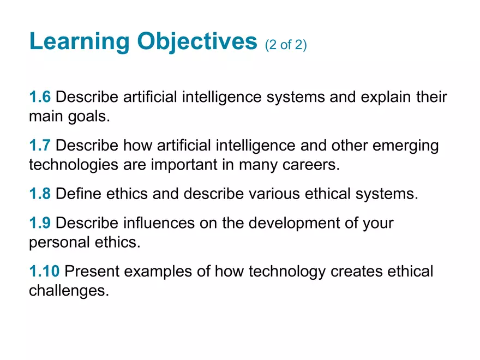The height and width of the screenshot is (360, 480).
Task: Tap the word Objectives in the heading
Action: pos(197,41)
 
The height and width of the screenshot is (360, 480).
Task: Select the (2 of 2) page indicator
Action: pos(286,45)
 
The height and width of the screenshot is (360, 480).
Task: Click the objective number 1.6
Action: pos(40,97)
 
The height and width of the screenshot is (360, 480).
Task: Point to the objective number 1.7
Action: pos(40,145)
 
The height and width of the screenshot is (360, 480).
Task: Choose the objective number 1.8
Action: pos(40,194)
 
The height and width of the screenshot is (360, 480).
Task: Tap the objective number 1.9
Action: pos(40,223)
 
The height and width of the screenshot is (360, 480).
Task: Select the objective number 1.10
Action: pos(44,271)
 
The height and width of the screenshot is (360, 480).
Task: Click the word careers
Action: pos(311,165)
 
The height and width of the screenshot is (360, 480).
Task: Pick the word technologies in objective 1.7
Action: pos(74,165)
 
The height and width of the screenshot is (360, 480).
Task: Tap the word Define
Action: pos(79,194)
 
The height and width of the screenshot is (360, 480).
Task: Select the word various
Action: pos(274,194)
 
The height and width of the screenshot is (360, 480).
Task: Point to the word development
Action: pos(294,223)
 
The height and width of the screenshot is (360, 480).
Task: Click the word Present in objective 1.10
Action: pos(92,271)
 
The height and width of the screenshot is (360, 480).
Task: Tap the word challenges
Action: pos(69,291)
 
